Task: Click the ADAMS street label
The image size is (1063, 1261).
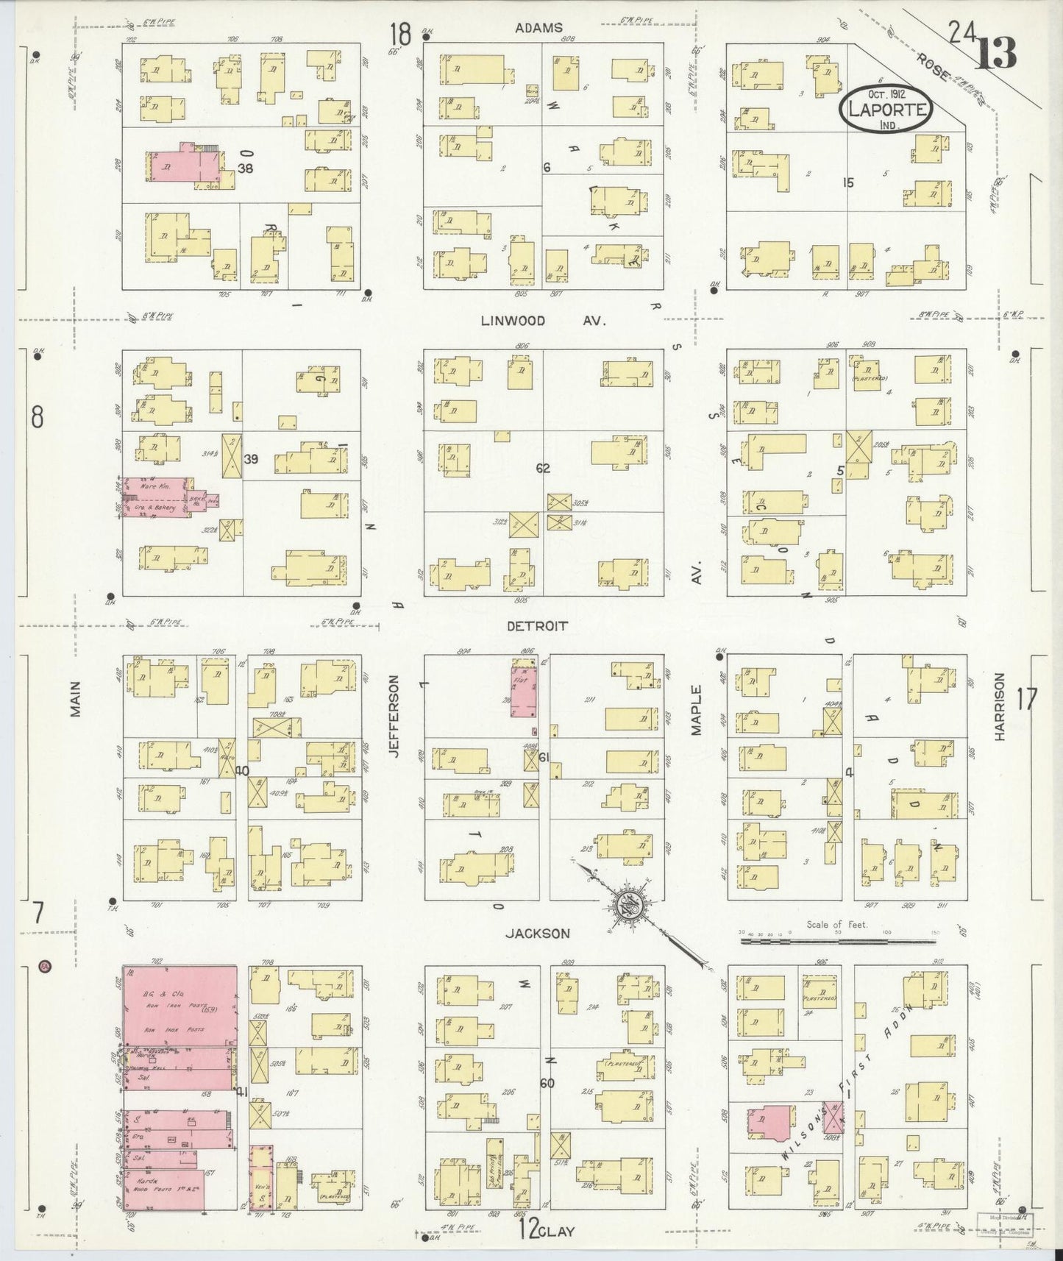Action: coord(538,29)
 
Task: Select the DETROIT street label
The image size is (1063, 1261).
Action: coord(537,626)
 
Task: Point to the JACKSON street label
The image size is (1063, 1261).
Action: coord(537,933)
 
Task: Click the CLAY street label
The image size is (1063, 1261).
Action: coord(556,1230)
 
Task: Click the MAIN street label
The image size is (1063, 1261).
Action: coord(76,697)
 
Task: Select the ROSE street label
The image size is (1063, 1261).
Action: coord(933,68)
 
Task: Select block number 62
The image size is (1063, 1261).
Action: coord(543,468)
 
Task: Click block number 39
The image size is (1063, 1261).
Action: coord(252,460)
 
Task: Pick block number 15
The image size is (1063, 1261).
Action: coord(849,183)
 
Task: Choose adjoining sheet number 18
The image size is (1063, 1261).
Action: coord(400,34)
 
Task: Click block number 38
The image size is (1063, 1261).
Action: coord(246,168)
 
